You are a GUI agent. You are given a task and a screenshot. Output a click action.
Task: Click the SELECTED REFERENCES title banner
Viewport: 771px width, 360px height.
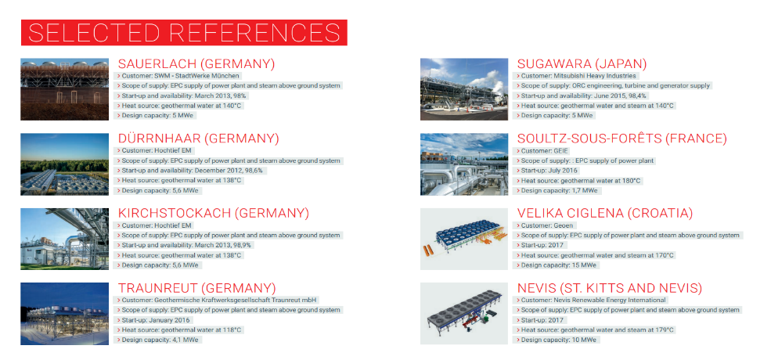coord(184,32)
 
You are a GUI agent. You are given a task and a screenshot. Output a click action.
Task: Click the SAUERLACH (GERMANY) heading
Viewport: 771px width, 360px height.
coord(196,64)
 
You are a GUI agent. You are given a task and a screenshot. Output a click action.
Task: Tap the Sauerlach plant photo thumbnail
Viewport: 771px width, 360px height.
coord(64,89)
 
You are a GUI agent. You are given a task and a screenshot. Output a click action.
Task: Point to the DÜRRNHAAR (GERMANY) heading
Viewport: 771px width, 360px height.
coord(198,139)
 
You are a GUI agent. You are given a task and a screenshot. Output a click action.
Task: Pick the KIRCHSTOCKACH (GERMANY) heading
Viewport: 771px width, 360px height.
coord(214,214)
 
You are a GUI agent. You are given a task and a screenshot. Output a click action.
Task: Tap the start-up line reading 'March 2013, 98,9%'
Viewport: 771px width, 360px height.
coord(186,245)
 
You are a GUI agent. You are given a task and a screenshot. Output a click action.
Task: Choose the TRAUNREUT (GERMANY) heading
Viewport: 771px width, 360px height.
coord(196,288)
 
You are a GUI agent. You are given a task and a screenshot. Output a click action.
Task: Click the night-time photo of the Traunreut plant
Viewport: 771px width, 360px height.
coord(64,313)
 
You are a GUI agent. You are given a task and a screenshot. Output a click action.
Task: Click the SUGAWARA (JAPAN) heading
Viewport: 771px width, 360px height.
coord(582,64)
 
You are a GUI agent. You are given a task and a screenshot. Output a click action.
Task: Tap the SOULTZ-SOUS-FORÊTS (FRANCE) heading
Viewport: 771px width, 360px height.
coord(622,139)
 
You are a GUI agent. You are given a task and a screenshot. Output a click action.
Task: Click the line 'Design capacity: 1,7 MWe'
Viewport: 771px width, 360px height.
coord(557,190)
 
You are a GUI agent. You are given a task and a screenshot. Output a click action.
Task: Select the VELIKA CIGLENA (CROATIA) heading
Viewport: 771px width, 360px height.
coord(605,214)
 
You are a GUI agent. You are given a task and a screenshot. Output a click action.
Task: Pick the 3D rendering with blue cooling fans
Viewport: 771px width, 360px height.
coord(463,239)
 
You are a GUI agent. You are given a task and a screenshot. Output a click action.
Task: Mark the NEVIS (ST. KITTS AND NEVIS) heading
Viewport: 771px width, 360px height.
coord(610,288)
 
